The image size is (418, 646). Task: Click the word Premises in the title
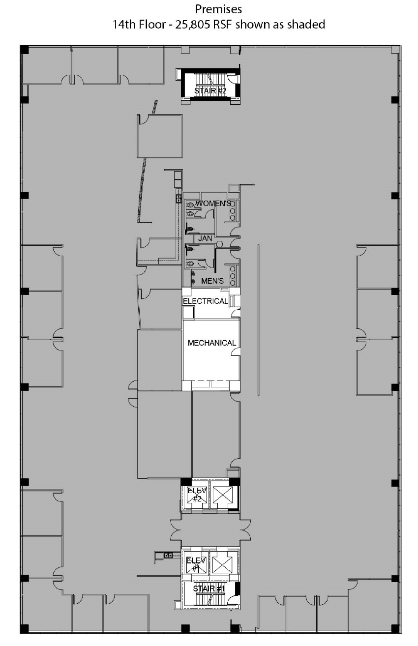(218, 9)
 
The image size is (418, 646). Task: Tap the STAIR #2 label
(210, 91)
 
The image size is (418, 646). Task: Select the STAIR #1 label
(209, 589)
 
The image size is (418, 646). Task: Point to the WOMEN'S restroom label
(213, 204)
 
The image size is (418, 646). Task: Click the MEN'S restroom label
(212, 281)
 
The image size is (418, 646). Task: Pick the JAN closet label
(205, 238)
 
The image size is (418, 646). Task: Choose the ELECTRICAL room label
(206, 301)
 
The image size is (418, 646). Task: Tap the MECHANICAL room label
(212, 343)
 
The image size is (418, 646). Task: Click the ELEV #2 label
(197, 495)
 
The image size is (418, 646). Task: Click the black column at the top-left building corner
(25, 49)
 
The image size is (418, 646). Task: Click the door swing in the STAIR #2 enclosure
(233, 79)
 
